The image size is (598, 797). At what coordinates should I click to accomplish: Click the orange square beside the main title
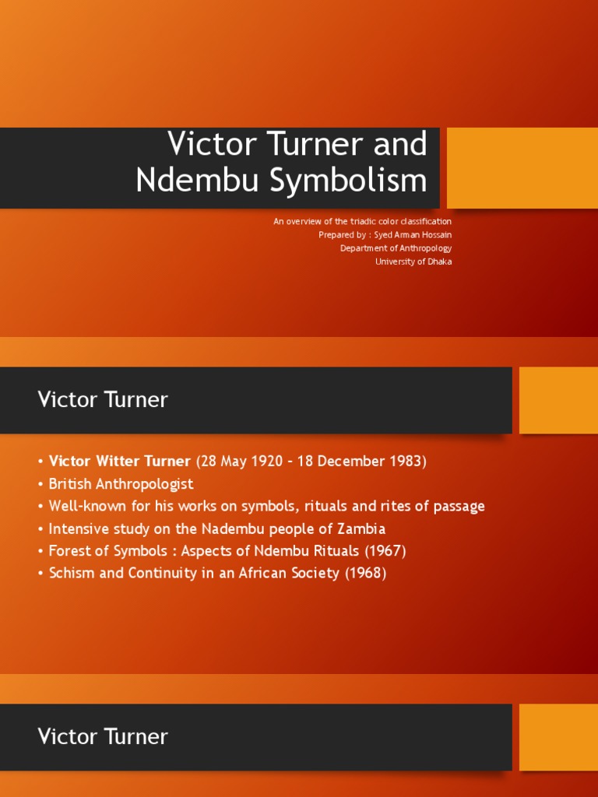point(522,168)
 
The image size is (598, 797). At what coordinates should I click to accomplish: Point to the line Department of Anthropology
point(396,248)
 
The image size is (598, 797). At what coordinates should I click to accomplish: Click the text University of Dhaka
point(413,262)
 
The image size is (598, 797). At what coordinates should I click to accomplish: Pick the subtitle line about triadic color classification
point(362,221)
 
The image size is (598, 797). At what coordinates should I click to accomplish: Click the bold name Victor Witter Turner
point(119,461)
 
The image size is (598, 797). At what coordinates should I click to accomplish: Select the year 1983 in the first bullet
point(403,461)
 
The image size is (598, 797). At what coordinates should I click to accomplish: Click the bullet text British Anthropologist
point(121,483)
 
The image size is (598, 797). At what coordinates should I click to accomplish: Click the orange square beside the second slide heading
point(558,400)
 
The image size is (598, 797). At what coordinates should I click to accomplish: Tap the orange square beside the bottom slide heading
point(558,737)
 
